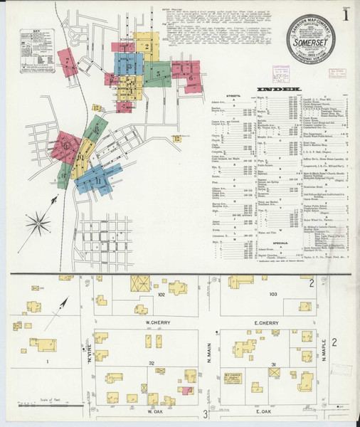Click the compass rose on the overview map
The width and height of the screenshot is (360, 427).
[36, 225]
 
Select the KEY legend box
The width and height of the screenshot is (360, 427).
[31, 47]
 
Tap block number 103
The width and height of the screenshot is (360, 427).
[272, 293]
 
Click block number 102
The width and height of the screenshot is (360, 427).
[162, 293]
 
